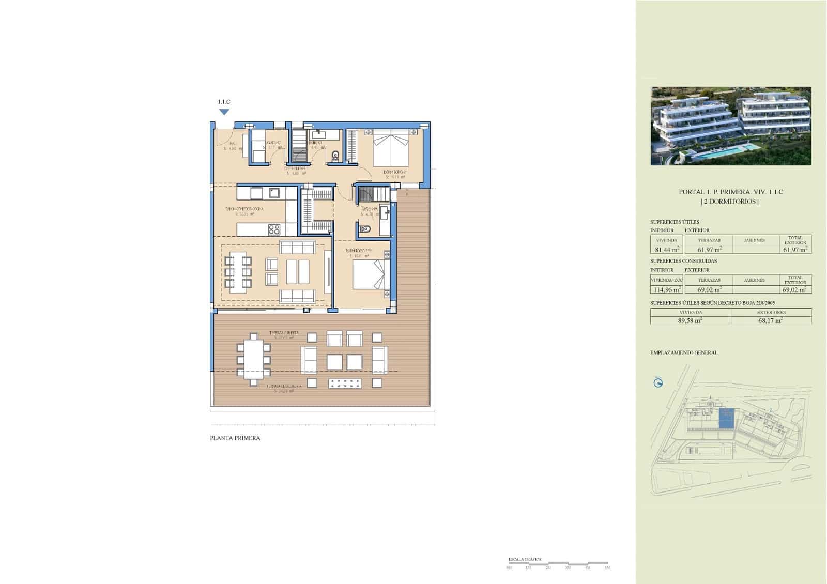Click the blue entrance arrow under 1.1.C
224,112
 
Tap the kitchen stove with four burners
274,229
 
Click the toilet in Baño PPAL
366,228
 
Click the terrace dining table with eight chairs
253,359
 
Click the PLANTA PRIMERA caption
235,438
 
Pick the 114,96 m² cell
666,289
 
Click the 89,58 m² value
690,320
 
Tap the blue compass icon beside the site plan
658,383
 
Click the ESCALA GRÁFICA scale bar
558,563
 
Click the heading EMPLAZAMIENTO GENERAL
683,352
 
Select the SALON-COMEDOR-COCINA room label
244,209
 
